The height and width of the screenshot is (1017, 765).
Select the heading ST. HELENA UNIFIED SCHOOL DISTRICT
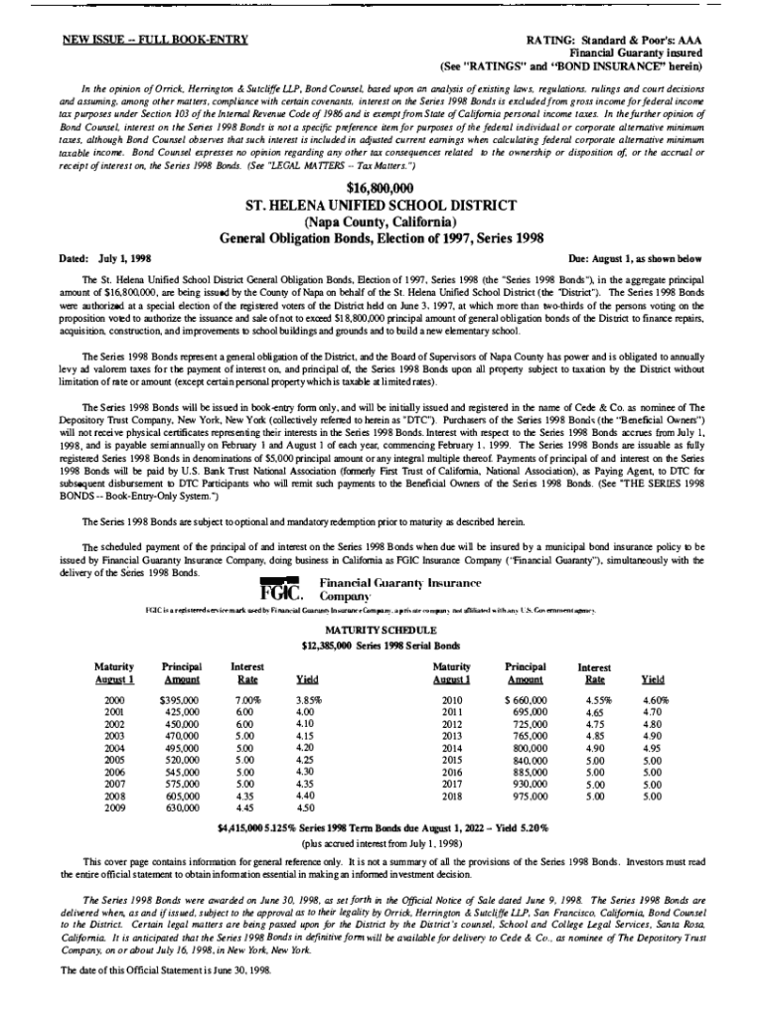pyautogui.click(x=382, y=206)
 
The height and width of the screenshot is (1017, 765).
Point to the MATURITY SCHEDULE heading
pyautogui.click(x=381, y=630)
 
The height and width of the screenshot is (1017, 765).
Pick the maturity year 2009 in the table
pyautogui.click(x=114, y=807)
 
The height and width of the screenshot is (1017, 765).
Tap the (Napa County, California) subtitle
pyautogui.click(x=382, y=222)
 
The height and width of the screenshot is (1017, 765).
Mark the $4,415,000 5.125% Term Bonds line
pyautogui.click(x=382, y=826)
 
